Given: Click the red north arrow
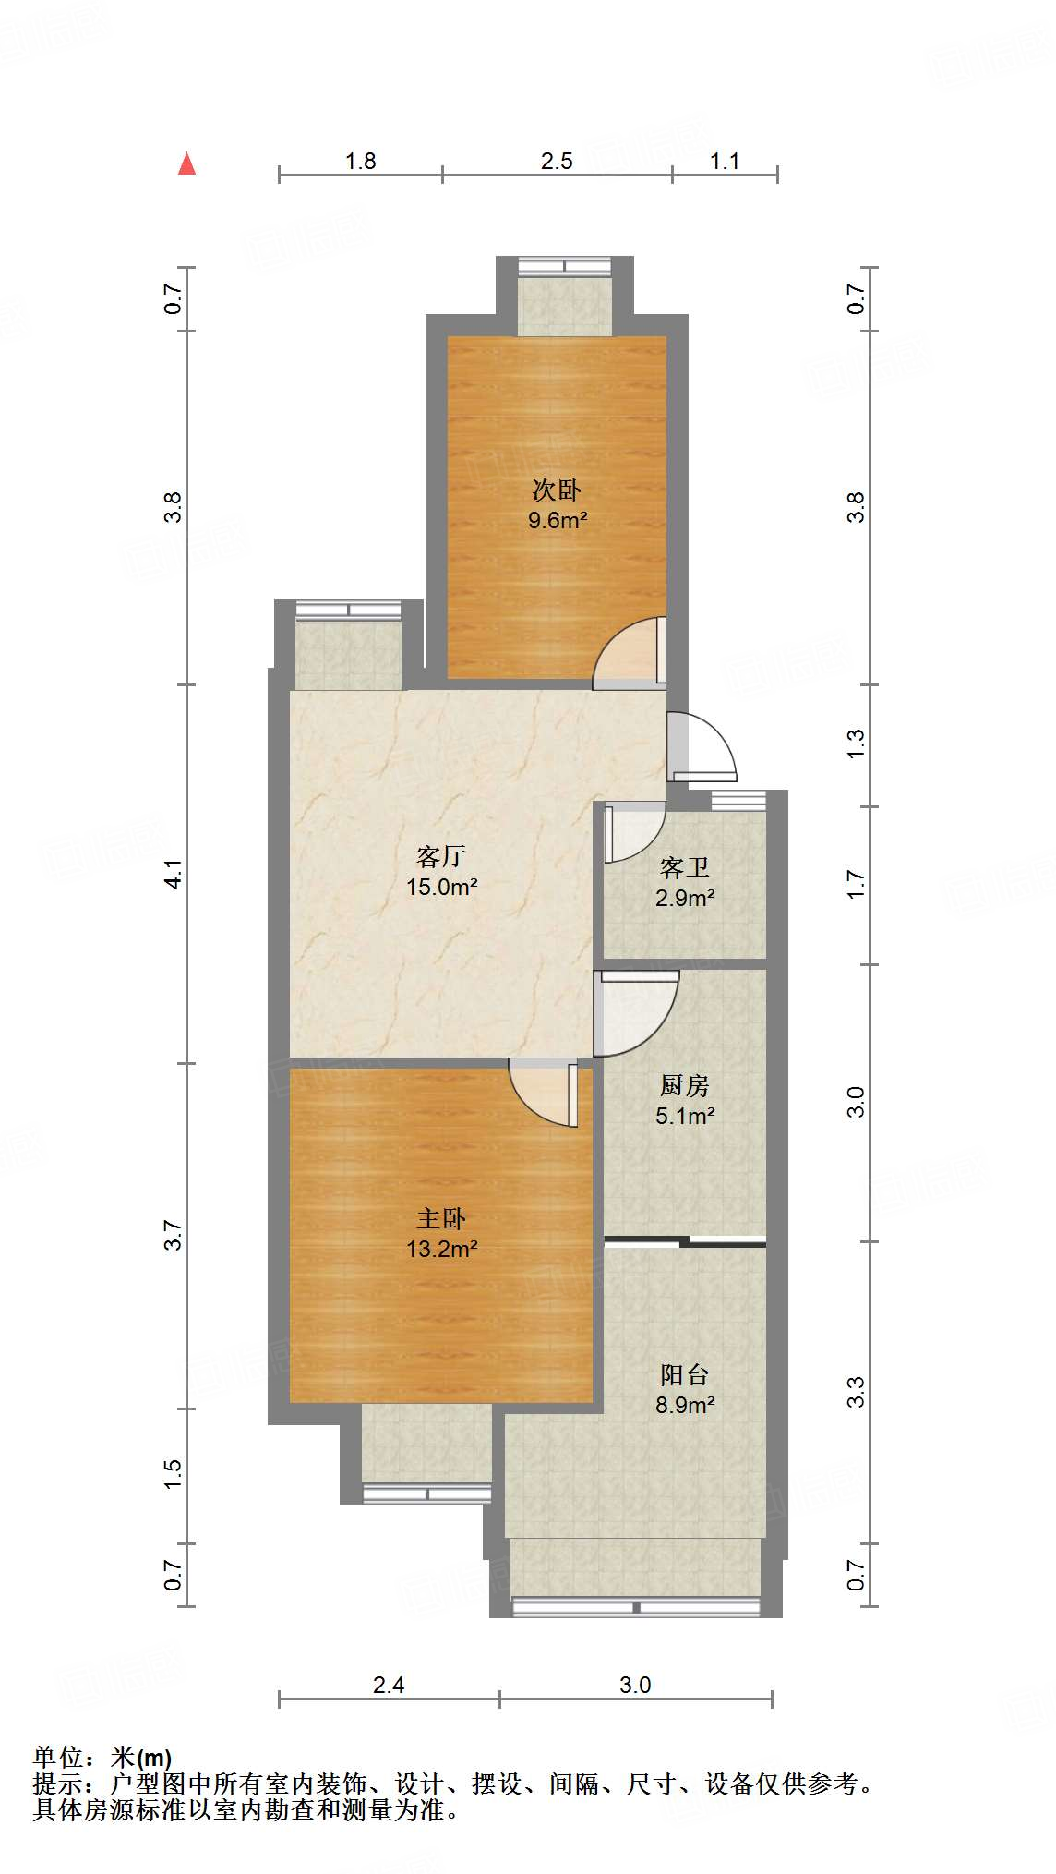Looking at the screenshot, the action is (187, 163).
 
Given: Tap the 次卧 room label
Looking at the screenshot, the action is (558, 490).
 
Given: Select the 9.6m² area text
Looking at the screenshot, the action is (558, 520).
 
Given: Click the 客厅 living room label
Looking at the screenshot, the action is (441, 856).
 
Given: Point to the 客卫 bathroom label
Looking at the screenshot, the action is (685, 867).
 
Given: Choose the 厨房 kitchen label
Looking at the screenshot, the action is (685, 1085).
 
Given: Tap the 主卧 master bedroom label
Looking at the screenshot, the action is (441, 1219).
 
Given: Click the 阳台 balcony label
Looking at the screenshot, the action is (685, 1375).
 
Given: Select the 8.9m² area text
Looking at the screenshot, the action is (685, 1406).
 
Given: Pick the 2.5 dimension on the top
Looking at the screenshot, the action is (557, 162).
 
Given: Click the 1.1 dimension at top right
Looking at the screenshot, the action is (725, 162).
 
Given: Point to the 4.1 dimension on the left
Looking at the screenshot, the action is (174, 874).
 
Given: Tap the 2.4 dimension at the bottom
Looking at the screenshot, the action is (389, 1686).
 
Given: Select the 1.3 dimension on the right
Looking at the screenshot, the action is (857, 744).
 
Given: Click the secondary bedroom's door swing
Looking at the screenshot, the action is (628, 652).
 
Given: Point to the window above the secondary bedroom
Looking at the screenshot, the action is (565, 266).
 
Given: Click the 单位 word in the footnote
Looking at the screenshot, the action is (57, 1758).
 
